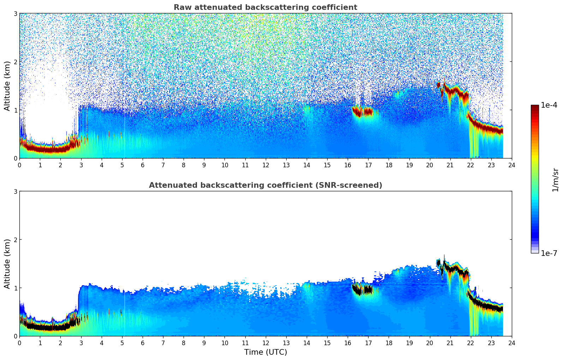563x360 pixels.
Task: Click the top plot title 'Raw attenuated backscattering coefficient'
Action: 265,7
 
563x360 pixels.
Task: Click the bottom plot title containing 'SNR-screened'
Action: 265,185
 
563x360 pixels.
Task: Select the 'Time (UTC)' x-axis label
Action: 265,352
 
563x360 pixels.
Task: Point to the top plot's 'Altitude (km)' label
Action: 7,86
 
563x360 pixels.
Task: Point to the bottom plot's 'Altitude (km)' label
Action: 7,264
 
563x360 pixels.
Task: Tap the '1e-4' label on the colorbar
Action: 549,105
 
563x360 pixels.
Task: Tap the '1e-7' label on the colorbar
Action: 549,253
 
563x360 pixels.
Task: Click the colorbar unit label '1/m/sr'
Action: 555,179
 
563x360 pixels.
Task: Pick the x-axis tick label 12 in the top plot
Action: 265,165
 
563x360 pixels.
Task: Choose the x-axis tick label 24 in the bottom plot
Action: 511,343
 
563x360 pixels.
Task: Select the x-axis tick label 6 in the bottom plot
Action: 143,343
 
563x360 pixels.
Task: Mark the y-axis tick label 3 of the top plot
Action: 15,13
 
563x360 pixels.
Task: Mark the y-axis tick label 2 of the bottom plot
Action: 15,240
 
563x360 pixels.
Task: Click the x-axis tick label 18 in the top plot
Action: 389,165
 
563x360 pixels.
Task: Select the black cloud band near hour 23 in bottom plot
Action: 491,307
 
